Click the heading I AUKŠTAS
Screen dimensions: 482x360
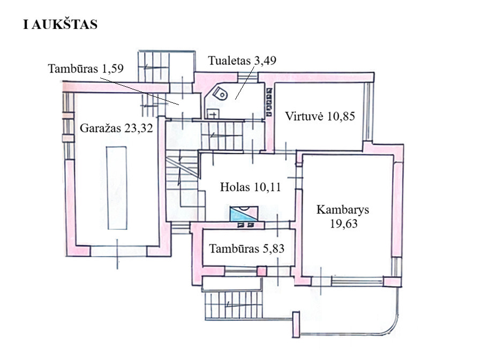60,24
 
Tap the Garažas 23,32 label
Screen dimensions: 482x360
116,128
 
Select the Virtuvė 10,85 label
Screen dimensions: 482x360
320,116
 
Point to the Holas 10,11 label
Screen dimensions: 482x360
250,187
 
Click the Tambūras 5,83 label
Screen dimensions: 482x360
246,249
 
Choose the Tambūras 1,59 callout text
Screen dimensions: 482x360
86,68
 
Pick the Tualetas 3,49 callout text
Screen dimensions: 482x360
242,60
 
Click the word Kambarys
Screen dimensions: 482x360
343,209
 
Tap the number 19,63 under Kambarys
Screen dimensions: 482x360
344,223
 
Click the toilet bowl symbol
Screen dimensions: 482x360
221,93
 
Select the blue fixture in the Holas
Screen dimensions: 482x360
244,213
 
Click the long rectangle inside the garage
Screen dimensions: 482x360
117,188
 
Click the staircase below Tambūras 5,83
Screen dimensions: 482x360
234,306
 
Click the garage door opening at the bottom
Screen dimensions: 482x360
118,251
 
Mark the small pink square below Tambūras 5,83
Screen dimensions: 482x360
261,272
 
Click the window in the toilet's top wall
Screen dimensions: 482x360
248,77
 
